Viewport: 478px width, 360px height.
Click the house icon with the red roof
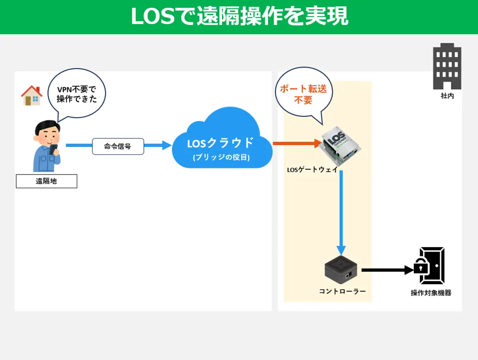click(31, 96)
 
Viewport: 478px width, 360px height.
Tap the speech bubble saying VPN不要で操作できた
click(76, 94)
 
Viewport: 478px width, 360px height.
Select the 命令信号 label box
click(118, 146)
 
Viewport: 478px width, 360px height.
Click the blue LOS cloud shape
click(222, 139)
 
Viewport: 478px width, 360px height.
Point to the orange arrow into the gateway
click(297, 143)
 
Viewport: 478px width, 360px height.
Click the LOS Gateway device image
click(340, 145)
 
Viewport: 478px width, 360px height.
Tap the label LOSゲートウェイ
click(313, 169)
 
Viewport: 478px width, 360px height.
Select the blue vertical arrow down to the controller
click(341, 213)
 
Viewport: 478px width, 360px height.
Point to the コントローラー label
click(342, 292)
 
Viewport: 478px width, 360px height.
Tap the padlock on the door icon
click(421, 266)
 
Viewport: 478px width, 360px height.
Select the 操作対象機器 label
click(431, 293)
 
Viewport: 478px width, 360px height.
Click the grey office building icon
click(447, 67)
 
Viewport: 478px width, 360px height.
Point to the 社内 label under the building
click(447, 96)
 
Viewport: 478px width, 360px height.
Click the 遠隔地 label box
click(46, 181)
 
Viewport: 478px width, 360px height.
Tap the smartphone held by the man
click(53, 149)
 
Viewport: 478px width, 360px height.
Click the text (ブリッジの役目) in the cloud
click(222, 157)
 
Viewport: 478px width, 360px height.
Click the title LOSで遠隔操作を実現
click(239, 16)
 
